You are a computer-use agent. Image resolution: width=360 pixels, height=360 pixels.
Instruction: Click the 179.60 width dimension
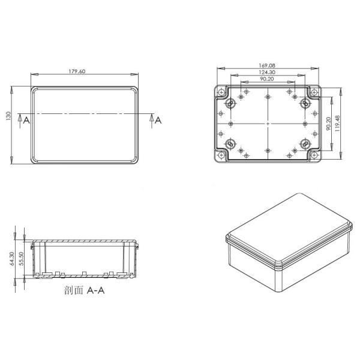pyautogui.click(x=77, y=71)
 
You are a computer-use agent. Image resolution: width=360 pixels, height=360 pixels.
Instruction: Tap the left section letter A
pyautogui.click(x=26, y=120)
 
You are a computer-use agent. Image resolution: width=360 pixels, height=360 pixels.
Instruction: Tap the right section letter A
pyautogui.click(x=158, y=120)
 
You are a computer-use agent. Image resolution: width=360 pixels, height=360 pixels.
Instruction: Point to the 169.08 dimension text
pyautogui.click(x=267, y=66)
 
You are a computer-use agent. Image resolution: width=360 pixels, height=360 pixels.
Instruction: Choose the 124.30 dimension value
pyautogui.click(x=267, y=73)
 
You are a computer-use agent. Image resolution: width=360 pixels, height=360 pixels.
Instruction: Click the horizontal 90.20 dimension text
pyautogui.click(x=267, y=79)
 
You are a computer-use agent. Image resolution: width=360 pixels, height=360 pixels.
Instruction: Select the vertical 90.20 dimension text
pyautogui.click(x=328, y=123)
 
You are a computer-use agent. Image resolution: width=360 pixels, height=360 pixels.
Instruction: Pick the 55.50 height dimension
pyautogui.click(x=20, y=259)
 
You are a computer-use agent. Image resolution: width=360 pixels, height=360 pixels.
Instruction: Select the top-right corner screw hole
pyautogui.click(x=314, y=92)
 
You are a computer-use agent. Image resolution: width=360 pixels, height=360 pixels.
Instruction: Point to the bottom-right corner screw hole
pyautogui.click(x=314, y=155)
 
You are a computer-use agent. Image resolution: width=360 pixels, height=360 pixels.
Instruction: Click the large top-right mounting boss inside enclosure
pyautogui.click(x=305, y=103)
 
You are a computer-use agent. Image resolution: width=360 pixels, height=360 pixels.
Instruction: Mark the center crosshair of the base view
pyautogui.click(x=267, y=123)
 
